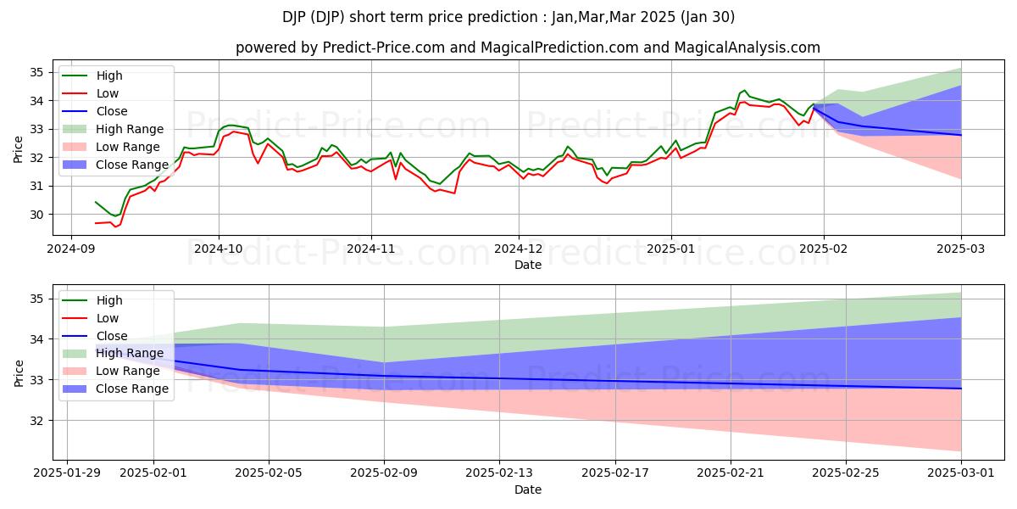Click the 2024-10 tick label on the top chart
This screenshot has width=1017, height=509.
pos(219,249)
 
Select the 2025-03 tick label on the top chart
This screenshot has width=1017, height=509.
pos(961,249)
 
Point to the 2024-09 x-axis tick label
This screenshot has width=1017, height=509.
pos(70,249)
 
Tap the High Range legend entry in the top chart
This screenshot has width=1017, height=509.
pos(130,129)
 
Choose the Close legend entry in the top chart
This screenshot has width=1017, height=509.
pos(112,111)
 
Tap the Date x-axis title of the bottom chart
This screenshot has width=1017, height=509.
pos(528,489)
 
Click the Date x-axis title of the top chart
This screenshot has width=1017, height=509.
pos(528,265)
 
